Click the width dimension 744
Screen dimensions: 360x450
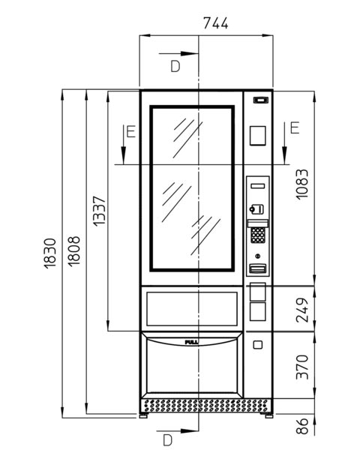[215, 23]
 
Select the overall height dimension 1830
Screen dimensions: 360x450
[50, 253]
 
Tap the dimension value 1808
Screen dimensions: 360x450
[74, 251]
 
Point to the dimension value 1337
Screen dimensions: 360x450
[100, 211]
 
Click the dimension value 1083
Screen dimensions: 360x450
[302, 184]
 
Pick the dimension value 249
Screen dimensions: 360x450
[302, 310]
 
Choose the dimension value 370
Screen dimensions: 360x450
[302, 367]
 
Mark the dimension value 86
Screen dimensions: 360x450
[302, 426]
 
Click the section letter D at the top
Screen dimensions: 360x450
[175, 66]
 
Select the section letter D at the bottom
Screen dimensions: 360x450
[167, 440]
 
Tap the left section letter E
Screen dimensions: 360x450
[131, 132]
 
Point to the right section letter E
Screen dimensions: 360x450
[295, 128]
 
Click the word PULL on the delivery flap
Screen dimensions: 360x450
[191, 343]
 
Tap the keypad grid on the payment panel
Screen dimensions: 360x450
[258, 235]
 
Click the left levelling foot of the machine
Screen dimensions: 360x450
[143, 415]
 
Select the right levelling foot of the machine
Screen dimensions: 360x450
[268, 415]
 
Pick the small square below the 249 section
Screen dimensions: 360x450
[258, 345]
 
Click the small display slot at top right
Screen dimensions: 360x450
[261, 100]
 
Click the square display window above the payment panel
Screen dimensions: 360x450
[257, 136]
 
